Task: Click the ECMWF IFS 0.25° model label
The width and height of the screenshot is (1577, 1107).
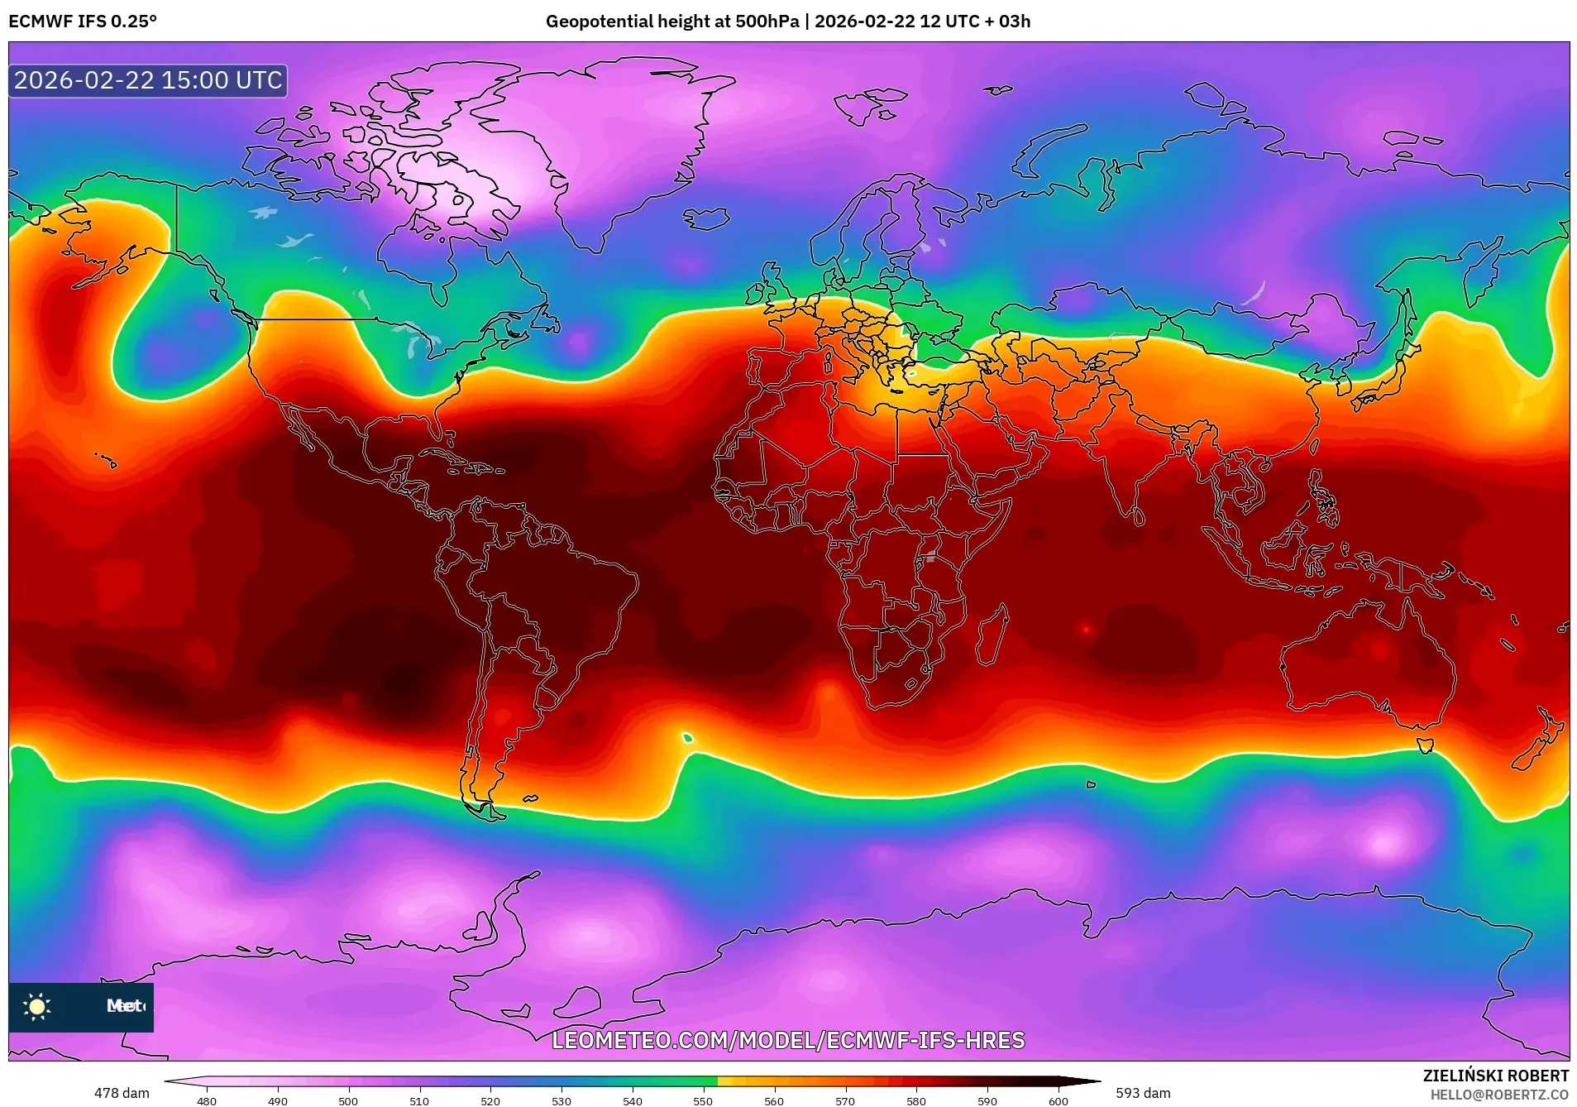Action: pos(83,22)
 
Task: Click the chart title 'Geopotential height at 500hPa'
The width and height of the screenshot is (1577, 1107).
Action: pos(671,22)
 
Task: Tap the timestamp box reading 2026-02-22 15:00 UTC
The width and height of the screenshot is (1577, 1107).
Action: pos(148,80)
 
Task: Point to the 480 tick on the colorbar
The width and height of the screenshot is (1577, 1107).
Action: pos(207,1100)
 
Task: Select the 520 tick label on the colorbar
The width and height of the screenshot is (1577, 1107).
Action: pos(490,1100)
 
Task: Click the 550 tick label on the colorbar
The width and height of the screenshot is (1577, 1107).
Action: pos(703,1100)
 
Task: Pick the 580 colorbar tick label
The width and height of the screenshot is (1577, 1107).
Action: pos(916,1100)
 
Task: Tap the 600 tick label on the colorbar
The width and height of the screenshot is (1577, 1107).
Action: pos(1058,1100)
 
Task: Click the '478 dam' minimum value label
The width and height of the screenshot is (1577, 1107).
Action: pos(122,1093)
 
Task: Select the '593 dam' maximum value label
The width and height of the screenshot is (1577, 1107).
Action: pos(1143,1093)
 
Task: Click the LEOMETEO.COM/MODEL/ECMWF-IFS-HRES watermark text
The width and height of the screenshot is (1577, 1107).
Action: pos(788,1040)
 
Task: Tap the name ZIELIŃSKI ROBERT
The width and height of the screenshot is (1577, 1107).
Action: pos(1495,1076)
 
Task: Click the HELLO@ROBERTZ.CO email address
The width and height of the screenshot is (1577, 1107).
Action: pos(1499,1095)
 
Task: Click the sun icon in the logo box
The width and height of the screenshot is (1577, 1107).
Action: pos(37,1006)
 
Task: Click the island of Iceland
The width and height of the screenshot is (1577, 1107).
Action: pos(705,218)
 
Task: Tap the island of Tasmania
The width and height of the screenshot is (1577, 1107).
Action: pos(1424,745)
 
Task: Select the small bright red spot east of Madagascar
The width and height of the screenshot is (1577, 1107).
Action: pos(1086,630)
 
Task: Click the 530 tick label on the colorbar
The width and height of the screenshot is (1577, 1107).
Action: pos(562,1100)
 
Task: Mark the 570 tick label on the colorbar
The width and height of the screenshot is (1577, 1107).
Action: pos(845,1100)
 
